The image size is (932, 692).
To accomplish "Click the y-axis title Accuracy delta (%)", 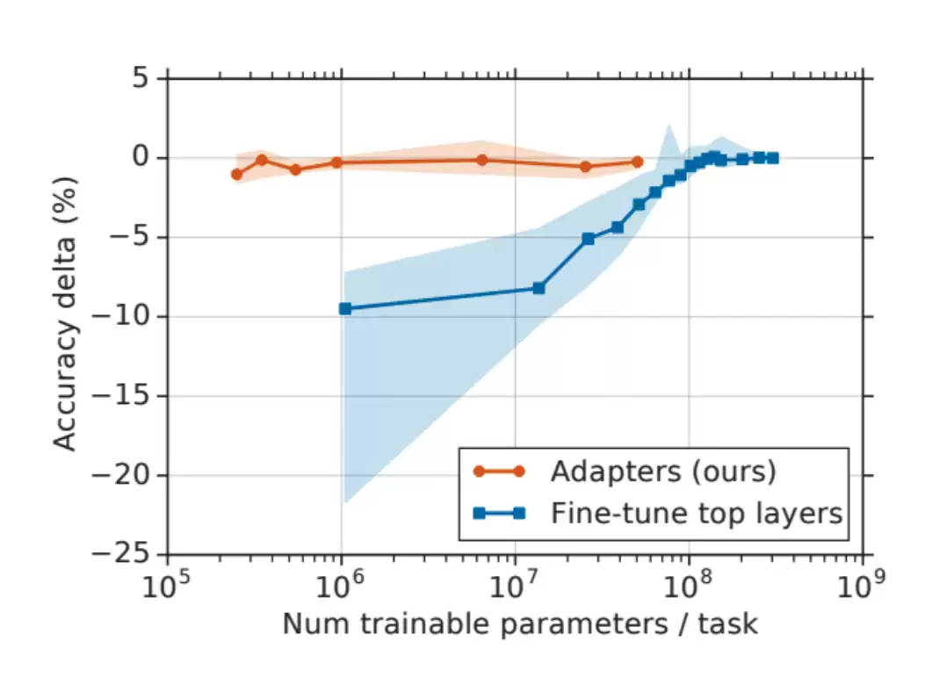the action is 65,314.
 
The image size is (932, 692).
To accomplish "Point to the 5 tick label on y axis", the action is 141,78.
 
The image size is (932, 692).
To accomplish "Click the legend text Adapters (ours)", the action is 663,472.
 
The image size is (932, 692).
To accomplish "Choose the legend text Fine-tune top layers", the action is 697,513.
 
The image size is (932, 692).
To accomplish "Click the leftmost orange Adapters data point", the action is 236,175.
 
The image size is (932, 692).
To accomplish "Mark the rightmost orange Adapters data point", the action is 637,162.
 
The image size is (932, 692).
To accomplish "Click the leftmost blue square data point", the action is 344,309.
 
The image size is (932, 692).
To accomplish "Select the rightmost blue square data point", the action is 772,158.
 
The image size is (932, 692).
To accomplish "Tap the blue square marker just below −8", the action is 538,289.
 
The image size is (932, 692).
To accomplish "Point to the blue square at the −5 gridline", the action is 588,239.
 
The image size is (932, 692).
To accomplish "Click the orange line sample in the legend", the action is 499,472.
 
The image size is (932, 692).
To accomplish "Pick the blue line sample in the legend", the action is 499,513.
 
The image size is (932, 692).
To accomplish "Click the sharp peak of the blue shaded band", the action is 669,125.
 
